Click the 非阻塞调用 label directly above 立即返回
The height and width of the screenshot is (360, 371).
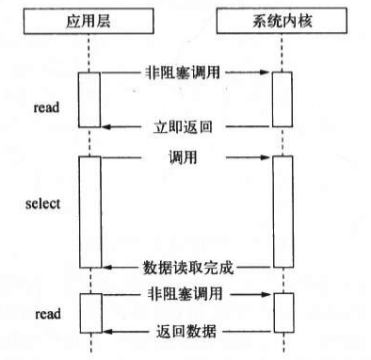tap(185, 71)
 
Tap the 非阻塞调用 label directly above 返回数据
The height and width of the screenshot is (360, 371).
tap(185, 293)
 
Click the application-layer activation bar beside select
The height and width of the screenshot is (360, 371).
tap(89, 211)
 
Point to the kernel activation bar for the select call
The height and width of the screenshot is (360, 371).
tap(282, 211)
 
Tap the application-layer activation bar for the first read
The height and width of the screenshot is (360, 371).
tap(89, 98)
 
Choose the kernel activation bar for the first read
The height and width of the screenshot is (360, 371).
tap(282, 98)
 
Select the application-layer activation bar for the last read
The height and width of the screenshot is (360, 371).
tap(89, 314)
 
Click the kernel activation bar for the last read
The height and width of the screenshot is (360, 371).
tap(282, 314)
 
